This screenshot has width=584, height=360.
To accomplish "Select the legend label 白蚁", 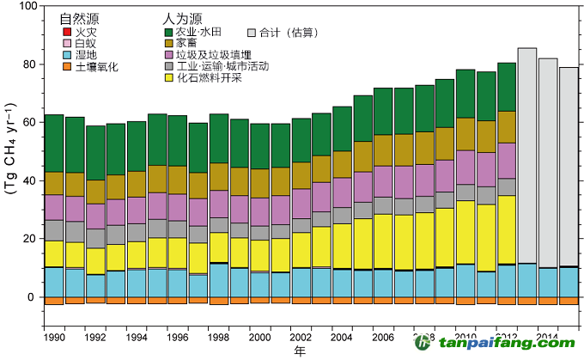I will tap(85, 43).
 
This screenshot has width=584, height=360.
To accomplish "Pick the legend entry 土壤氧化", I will tap(96, 66).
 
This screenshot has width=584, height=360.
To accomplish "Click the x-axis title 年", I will tap(301, 351).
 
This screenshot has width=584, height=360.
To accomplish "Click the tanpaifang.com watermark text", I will tap(502, 344).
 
